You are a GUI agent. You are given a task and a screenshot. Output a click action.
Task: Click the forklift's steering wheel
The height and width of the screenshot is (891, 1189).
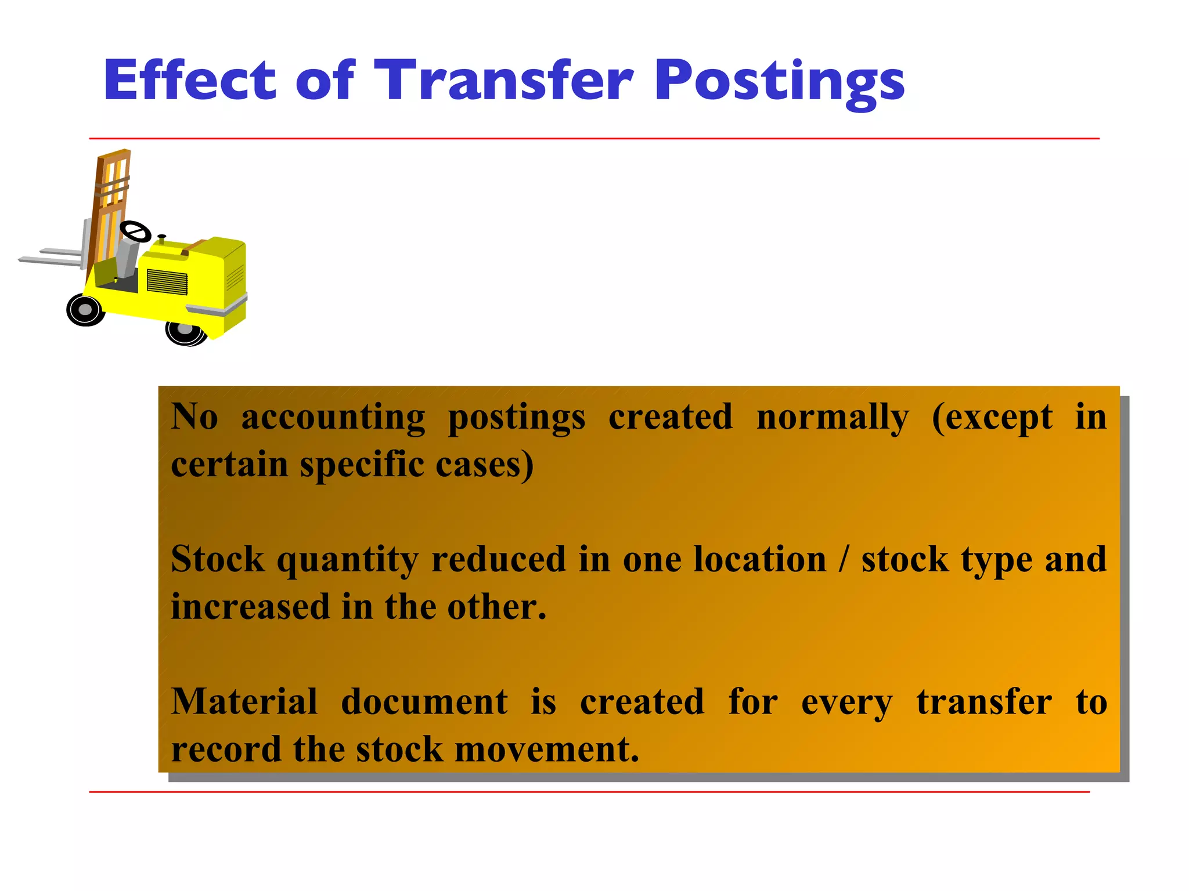[135, 231]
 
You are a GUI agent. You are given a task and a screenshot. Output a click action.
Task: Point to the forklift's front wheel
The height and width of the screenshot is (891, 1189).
[85, 310]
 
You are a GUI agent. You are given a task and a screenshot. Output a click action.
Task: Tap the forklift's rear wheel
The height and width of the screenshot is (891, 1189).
[185, 332]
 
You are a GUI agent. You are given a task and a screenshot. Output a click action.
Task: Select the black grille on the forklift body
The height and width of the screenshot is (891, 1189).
[167, 281]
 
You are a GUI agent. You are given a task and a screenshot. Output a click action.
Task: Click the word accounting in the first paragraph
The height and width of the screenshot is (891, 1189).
[333, 418]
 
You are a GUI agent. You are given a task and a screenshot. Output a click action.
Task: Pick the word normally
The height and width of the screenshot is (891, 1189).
[833, 418]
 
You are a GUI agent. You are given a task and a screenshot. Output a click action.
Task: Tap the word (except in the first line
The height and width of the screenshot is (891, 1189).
[992, 418]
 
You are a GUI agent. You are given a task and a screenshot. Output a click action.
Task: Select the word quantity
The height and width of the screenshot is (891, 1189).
[347, 560]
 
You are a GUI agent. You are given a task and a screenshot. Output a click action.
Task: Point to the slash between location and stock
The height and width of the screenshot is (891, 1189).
[844, 560]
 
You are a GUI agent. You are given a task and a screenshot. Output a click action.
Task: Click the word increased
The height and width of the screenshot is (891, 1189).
[250, 607]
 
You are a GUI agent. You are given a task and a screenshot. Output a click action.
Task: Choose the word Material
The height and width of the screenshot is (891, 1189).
[244, 702]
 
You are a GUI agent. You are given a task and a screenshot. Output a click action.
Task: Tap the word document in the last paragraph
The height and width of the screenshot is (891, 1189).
[424, 702]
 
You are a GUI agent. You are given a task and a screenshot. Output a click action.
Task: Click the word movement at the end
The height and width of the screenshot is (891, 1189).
[546, 749]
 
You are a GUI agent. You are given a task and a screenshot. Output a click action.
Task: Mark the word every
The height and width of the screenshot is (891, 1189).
[846, 703]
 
